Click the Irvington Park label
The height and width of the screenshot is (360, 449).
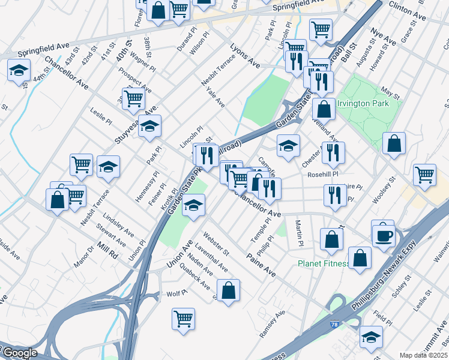363,103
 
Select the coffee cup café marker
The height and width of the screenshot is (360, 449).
383,235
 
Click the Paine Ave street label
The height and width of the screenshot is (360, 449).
261,265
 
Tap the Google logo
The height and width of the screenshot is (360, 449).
19,353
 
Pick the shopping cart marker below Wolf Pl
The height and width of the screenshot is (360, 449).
183,319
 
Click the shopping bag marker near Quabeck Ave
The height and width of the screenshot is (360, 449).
229,292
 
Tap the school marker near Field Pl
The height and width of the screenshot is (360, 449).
371,338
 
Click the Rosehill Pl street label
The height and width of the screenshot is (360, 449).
323,175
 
